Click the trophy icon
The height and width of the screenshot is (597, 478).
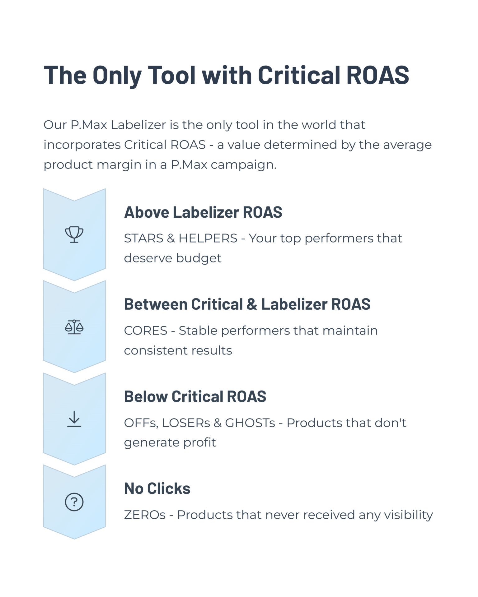[x=74, y=234]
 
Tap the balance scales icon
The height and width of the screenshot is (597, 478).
[x=74, y=327]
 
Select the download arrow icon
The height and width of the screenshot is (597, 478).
[x=74, y=419]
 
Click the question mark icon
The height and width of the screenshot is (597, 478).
[x=74, y=502]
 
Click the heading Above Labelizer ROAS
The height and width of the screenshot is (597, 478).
[x=203, y=212]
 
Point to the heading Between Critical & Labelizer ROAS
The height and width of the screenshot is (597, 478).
[x=247, y=304]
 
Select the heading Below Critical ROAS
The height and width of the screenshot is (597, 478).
[x=195, y=396]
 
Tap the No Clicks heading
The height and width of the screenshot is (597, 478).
[x=157, y=488]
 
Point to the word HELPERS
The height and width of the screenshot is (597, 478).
[x=208, y=238]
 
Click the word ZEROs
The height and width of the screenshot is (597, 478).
[x=145, y=515]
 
